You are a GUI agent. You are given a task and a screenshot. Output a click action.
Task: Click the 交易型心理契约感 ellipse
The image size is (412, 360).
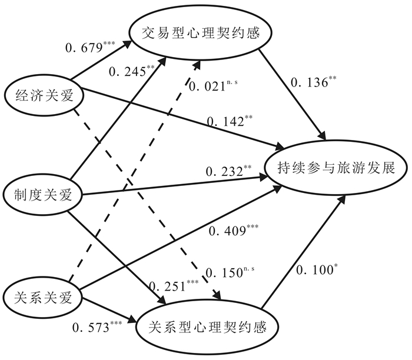[x=200, y=35]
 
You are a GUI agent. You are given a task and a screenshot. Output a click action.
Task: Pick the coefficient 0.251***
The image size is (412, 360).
[x=174, y=286]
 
